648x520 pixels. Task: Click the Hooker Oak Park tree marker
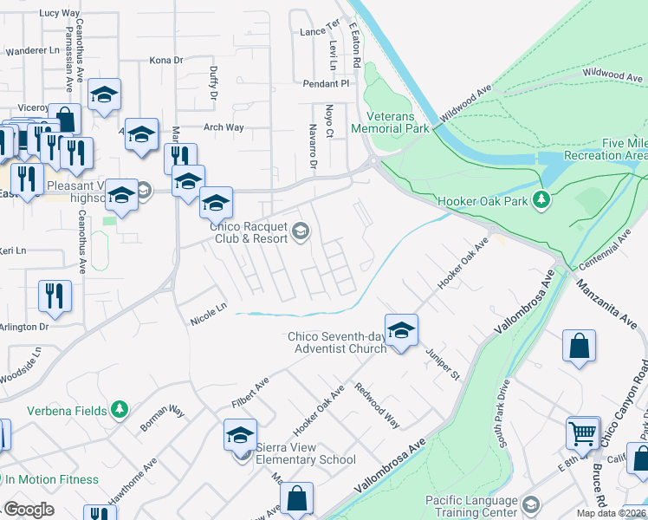[542, 200]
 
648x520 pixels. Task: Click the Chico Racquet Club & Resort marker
[300, 230]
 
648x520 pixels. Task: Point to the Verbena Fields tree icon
[120, 410]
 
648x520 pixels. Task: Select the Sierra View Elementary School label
[305, 459]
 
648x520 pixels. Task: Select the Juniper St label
[444, 364]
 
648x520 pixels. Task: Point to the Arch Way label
[223, 127]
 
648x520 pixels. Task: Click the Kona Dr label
[166, 61]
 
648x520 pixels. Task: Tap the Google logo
[29, 510]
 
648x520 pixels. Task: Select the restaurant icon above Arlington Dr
[55, 296]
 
